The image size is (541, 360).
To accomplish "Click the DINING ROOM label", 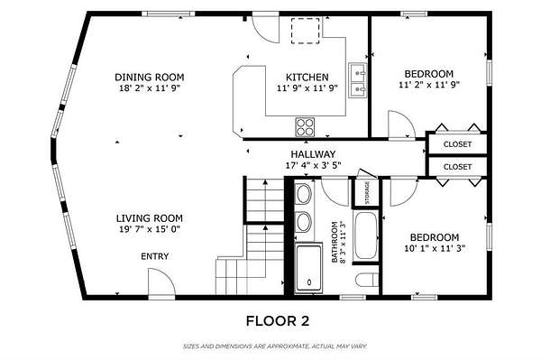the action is [x=149, y=77].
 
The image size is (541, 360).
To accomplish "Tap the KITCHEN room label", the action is [x=307, y=77].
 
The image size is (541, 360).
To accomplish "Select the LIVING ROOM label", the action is [x=150, y=218].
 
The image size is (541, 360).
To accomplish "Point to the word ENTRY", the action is [x=155, y=256].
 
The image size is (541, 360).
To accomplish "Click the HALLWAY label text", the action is [x=313, y=154].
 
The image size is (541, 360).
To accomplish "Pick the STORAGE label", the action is [x=367, y=192].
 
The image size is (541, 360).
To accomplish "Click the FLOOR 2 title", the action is [x=278, y=321].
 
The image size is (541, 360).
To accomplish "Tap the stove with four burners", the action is [x=305, y=127].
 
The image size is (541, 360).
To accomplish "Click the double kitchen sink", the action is [x=358, y=80].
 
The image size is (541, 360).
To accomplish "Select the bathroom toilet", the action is [x=367, y=280].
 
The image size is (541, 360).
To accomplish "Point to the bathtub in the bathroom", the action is [x=366, y=235].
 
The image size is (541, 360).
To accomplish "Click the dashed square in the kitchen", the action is [x=306, y=31].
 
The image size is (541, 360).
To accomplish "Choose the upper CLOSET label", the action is [x=457, y=144].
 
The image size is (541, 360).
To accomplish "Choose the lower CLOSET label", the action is [x=457, y=167].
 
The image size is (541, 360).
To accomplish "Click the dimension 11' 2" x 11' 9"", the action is [x=429, y=85].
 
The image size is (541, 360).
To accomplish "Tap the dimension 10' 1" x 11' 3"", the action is [x=435, y=248].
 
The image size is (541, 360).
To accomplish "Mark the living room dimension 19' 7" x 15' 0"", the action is [x=150, y=229].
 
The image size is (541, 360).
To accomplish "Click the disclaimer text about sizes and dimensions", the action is [x=275, y=346].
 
